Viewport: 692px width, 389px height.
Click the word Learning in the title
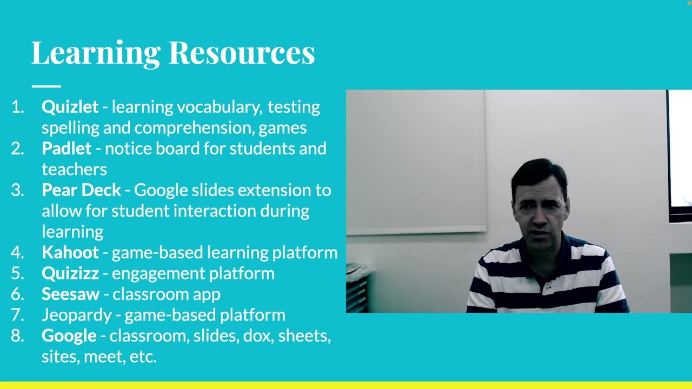[x=96, y=53]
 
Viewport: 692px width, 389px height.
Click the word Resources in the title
[x=242, y=53]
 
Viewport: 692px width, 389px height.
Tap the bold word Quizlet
[x=70, y=107]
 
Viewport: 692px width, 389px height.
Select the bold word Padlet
[x=66, y=149]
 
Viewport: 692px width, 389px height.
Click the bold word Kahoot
[x=70, y=252]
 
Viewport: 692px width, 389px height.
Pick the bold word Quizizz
[x=70, y=273]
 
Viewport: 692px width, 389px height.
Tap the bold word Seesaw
[x=70, y=294]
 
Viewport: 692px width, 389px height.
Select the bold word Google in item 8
[x=69, y=336]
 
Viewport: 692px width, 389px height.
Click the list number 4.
[x=17, y=252]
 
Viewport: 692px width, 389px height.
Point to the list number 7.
[x=17, y=315]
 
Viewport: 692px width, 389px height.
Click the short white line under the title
[x=46, y=86]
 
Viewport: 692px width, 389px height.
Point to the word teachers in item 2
[x=74, y=170]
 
